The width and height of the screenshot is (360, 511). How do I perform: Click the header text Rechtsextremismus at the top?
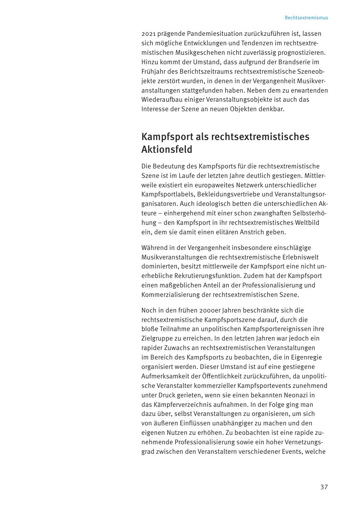[306, 18]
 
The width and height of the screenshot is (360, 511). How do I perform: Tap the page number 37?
[324, 487]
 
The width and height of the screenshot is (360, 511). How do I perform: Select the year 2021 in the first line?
[149, 33]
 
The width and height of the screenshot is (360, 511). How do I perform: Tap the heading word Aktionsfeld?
[167, 149]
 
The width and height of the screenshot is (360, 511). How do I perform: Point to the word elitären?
[234, 232]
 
